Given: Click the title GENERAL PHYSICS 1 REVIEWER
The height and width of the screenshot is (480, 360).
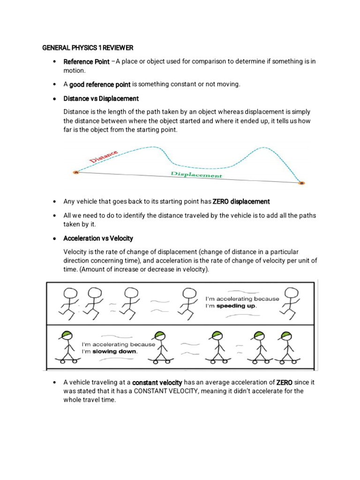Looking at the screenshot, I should (x=88, y=48).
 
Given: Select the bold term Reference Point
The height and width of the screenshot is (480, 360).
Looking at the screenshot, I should (x=86, y=62).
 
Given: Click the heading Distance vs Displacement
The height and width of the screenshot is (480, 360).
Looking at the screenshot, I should (x=101, y=98).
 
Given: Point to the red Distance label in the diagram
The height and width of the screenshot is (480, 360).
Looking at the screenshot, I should (x=104, y=157).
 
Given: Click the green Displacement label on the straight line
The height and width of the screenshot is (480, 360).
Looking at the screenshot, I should (x=196, y=174).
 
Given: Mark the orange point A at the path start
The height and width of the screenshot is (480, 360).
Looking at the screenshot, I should (x=76, y=172).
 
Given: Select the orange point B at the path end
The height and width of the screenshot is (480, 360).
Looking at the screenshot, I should (x=301, y=183).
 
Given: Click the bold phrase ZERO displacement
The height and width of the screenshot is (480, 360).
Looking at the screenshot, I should (x=241, y=202).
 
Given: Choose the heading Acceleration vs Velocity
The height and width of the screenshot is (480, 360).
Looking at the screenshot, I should (x=98, y=239).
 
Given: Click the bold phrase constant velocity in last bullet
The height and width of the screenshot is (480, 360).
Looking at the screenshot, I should (x=157, y=382).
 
